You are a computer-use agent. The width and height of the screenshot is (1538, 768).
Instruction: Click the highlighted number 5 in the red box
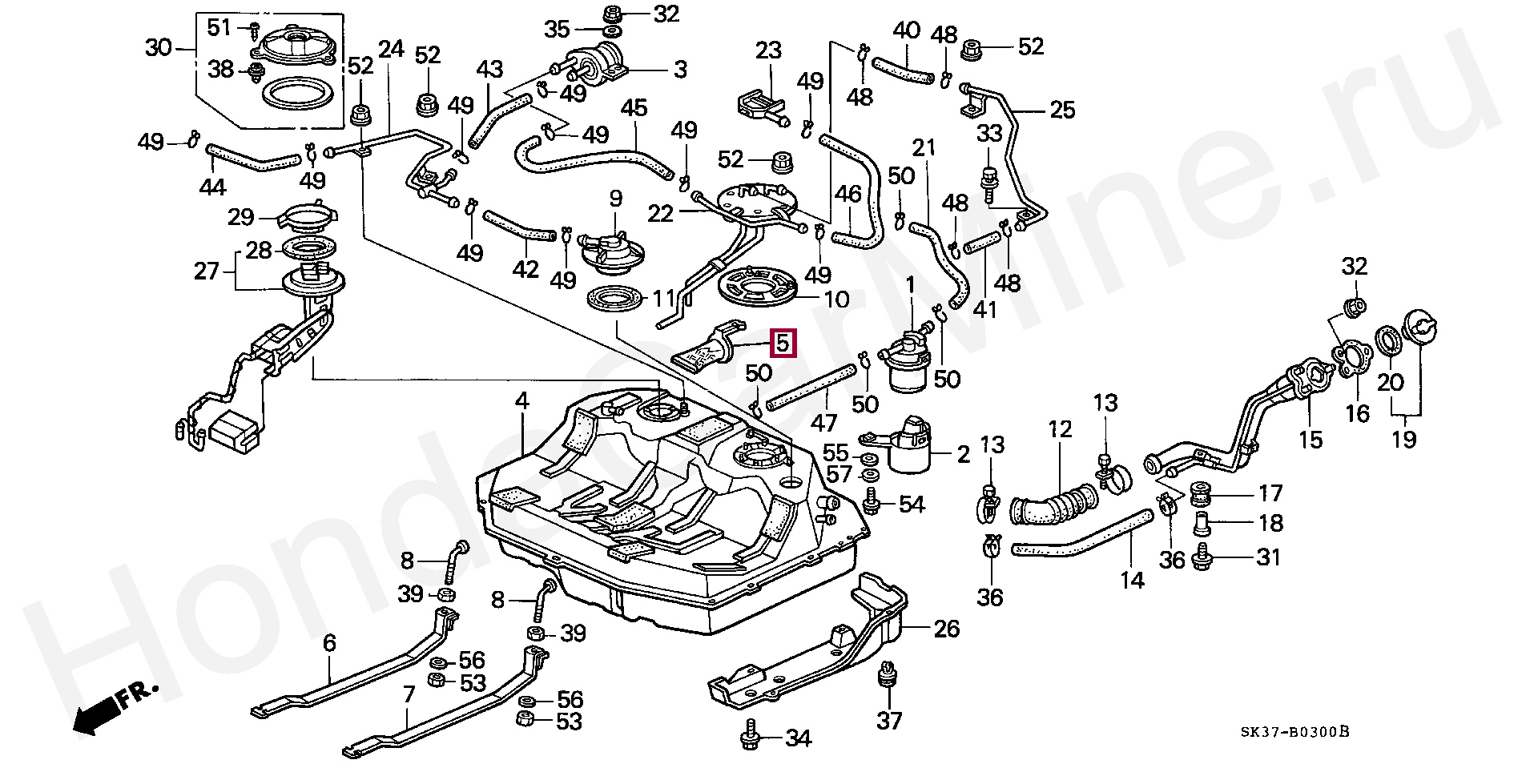click(x=782, y=344)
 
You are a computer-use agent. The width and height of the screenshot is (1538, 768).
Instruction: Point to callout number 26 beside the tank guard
click(x=946, y=629)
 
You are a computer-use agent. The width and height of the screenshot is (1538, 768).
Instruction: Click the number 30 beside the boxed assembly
click(x=159, y=48)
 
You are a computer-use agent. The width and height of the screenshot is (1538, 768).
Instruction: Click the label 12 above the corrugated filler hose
click(x=1059, y=429)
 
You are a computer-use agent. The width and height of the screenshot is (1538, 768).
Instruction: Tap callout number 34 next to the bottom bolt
click(x=798, y=738)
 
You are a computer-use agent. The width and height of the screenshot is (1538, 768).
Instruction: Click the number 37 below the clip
click(x=889, y=721)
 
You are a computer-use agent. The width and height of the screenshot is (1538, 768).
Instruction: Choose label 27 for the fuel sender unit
click(x=207, y=271)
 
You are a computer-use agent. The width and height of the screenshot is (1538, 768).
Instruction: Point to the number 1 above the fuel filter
click(x=910, y=284)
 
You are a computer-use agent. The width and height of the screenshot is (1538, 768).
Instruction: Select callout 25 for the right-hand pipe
click(x=1062, y=109)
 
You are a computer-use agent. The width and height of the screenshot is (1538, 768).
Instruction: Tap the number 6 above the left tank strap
click(x=329, y=642)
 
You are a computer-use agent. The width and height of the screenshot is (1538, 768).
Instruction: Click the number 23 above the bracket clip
click(x=768, y=51)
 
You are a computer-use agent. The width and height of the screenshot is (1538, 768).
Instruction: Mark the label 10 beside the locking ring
click(x=836, y=300)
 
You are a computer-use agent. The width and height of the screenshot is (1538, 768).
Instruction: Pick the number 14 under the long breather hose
click(x=1132, y=580)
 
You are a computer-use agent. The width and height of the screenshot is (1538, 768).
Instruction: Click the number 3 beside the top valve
click(x=680, y=70)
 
